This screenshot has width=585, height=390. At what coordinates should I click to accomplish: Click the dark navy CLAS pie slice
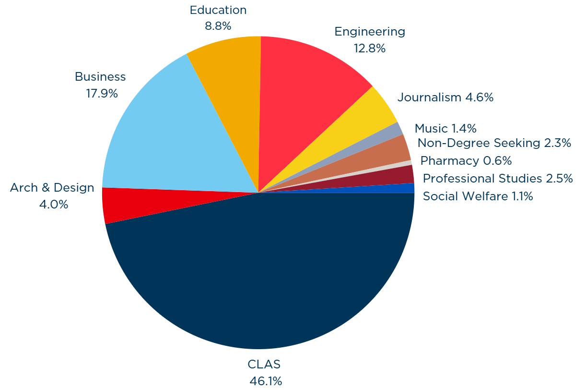tap(259, 279)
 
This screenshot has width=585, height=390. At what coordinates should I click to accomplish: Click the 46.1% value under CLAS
tap(266, 381)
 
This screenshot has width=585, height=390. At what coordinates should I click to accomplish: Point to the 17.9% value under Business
tap(102, 94)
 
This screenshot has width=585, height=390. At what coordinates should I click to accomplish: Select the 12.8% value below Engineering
tap(370, 49)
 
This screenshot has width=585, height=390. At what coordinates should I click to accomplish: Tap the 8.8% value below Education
tap(218, 26)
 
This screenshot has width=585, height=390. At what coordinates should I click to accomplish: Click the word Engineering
tap(370, 32)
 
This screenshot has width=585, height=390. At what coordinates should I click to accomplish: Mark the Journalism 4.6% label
tap(445, 97)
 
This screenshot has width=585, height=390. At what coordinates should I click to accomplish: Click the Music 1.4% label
tap(445, 128)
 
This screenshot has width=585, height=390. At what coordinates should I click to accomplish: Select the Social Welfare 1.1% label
tap(478, 196)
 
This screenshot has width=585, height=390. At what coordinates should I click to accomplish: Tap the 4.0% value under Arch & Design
tap(53, 204)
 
